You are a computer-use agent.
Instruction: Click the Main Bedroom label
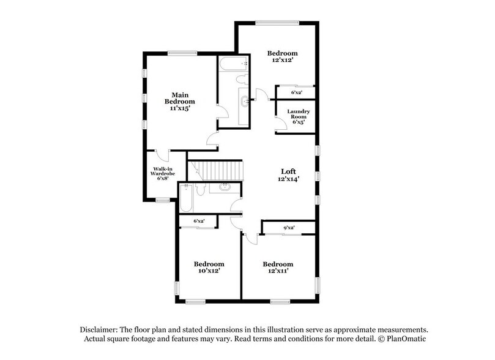pos(179,98)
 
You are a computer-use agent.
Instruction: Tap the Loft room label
pos(289,171)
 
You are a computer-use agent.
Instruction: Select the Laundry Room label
pos(299,114)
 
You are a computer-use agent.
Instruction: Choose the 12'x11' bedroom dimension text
pos(275,271)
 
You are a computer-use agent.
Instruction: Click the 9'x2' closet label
pos(289,228)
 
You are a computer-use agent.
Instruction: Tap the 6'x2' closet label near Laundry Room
pos(296,92)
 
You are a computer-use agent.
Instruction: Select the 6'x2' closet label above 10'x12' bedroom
pos(199,220)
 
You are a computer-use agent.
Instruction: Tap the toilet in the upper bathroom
pos(240,81)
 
